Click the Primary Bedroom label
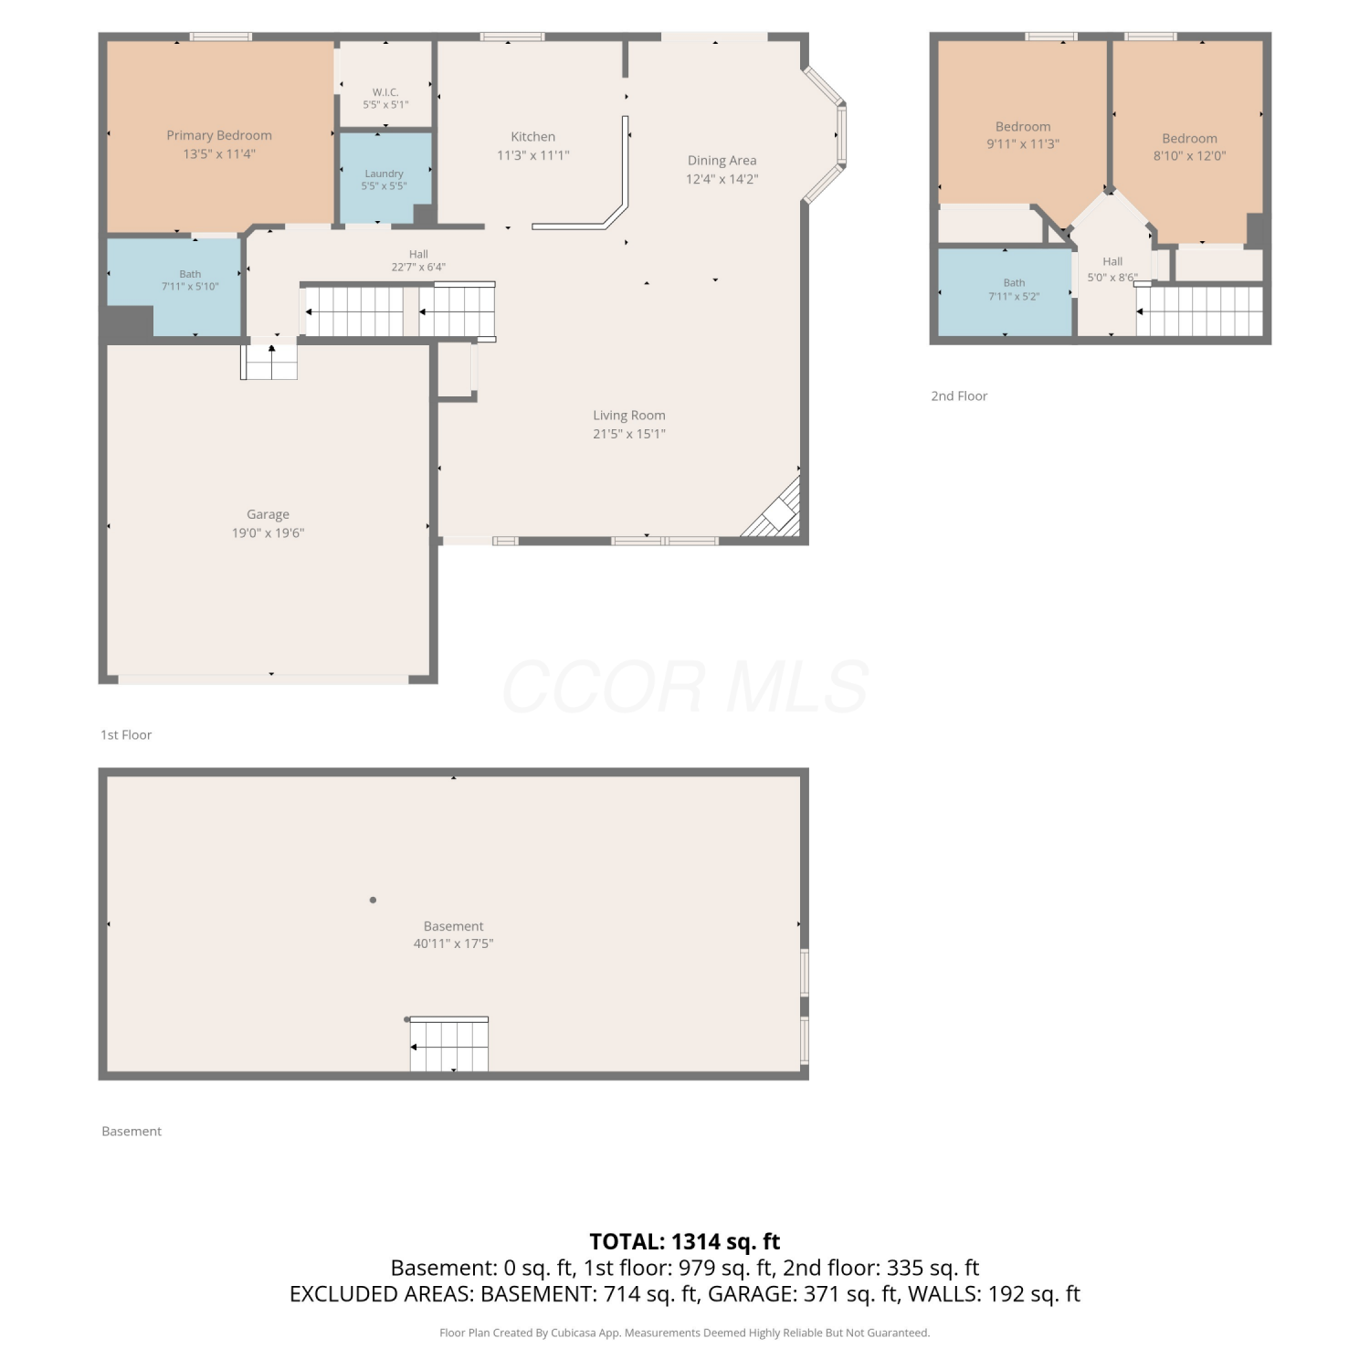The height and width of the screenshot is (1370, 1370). coord(219,135)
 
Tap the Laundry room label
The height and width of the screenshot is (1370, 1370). coord(384,174)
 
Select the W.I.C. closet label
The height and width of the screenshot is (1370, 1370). coord(385,92)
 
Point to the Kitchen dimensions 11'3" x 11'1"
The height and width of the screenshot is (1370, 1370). coord(533,155)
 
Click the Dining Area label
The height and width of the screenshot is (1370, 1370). coord(722,161)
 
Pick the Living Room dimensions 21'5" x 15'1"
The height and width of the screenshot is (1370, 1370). coord(629,434)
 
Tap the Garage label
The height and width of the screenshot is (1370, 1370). coord(268,514)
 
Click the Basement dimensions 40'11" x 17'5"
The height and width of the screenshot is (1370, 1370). coord(453,943)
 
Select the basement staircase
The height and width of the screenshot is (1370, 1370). coord(448,1044)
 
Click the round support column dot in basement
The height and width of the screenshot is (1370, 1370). coord(373,900)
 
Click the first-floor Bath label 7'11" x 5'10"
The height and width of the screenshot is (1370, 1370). coord(190,280)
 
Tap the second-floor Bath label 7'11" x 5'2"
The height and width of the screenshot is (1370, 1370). coord(1014,290)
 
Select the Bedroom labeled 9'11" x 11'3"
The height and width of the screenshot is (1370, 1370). coord(1023,135)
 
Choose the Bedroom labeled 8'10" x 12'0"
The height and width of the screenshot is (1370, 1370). coord(1189,147)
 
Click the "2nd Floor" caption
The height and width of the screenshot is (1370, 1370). coord(959,395)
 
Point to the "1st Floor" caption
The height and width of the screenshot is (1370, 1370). coord(126,734)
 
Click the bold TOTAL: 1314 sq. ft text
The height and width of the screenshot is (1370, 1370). coord(685,1241)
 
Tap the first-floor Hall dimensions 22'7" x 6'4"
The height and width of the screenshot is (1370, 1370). coord(418,268)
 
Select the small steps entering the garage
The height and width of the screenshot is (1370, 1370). coord(269,360)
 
